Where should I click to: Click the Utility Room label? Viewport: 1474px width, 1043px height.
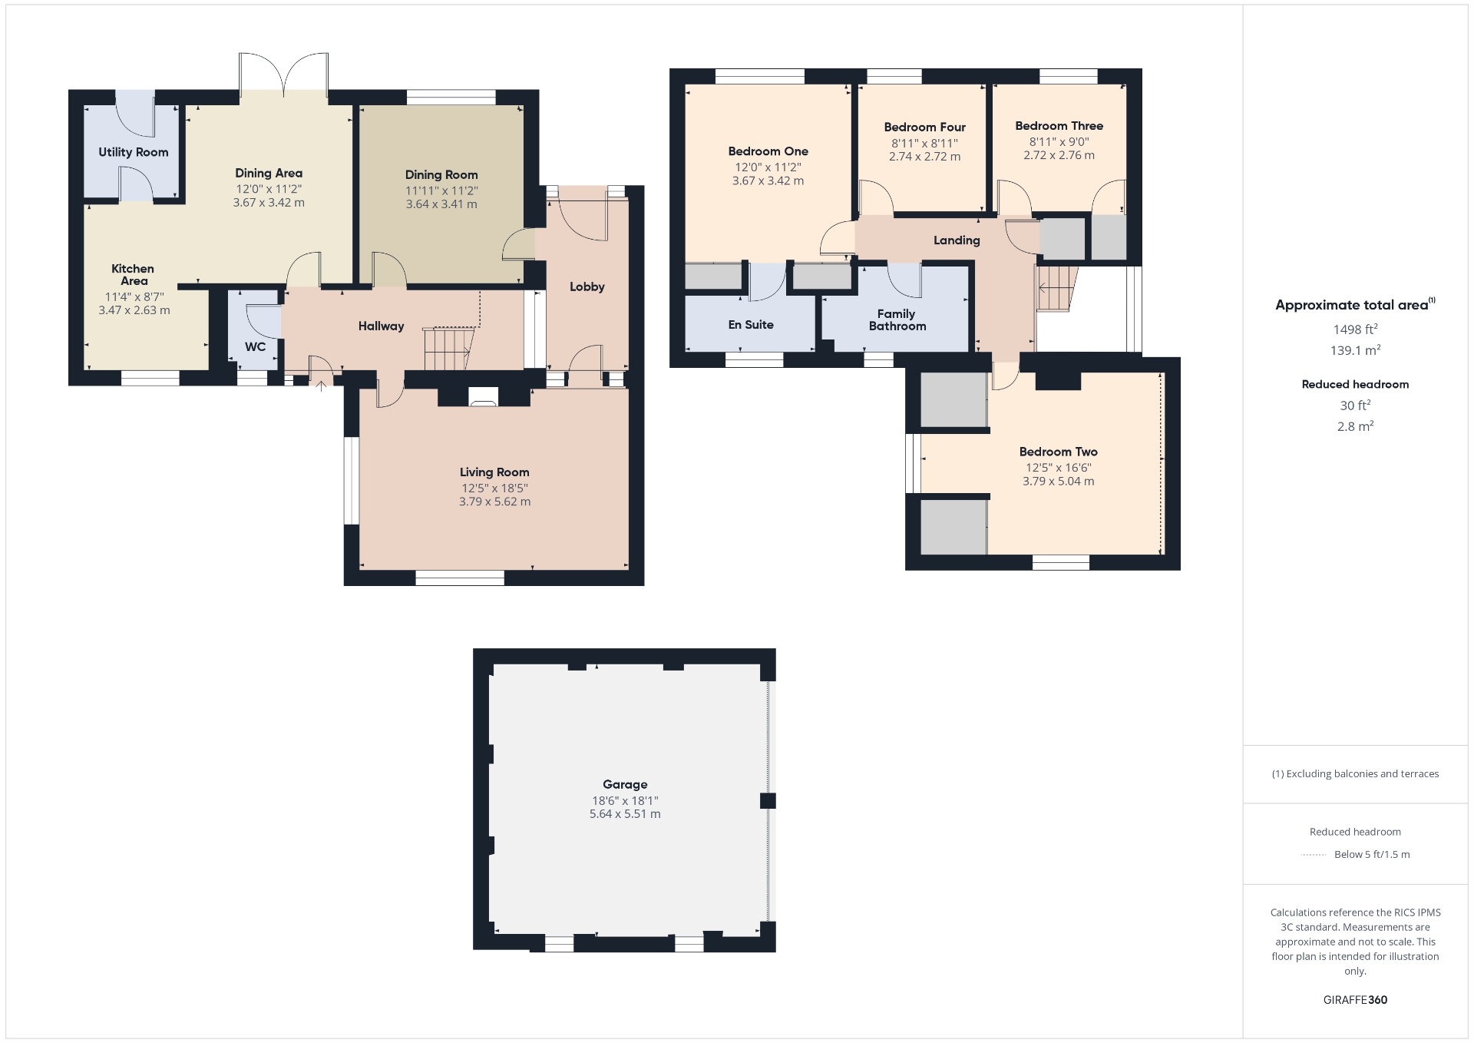point(134,152)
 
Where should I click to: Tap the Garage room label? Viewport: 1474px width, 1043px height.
point(625,784)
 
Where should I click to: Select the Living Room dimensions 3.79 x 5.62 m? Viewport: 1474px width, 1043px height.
point(494,502)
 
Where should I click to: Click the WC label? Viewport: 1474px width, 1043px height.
point(255,346)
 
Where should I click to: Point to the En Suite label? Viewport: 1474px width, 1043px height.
point(751,325)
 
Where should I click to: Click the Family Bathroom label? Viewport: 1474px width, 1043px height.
point(897,320)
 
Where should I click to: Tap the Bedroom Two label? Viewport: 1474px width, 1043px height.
point(1058,452)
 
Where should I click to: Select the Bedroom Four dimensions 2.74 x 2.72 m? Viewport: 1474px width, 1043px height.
point(924,157)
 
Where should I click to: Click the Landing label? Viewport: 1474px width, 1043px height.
point(957,240)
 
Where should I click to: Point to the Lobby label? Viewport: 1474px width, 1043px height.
point(587,286)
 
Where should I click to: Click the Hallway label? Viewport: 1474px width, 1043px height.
point(381,326)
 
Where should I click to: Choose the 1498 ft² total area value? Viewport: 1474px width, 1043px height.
point(1355,329)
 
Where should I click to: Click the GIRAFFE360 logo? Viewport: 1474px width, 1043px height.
point(1355,999)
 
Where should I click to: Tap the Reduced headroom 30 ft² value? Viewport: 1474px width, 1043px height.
point(1355,405)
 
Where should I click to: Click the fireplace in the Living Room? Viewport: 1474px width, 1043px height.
point(483,397)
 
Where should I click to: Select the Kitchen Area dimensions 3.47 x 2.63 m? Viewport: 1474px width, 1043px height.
point(134,310)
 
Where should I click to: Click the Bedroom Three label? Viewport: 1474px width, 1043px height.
point(1059,126)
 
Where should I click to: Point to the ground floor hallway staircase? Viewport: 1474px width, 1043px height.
point(449,349)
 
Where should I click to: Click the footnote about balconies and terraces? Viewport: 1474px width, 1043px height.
point(1355,773)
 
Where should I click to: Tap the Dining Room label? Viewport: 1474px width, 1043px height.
point(441,175)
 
